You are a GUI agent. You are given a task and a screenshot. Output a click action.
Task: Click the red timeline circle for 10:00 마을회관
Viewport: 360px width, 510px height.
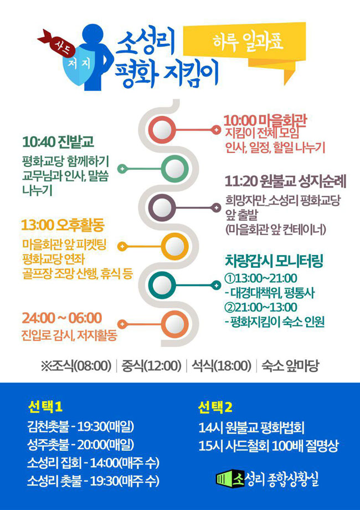click(x=162, y=130)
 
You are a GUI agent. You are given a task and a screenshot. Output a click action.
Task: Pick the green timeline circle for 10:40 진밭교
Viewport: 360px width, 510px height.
click(x=175, y=169)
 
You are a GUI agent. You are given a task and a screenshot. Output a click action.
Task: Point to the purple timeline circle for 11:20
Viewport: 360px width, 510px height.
click(x=162, y=207)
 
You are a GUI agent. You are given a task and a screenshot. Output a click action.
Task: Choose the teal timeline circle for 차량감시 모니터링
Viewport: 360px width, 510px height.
click(x=162, y=285)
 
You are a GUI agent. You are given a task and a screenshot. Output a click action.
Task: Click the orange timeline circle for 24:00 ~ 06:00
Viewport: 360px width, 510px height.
click(x=175, y=324)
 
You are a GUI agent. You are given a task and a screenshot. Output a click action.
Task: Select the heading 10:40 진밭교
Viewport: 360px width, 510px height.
click(x=58, y=142)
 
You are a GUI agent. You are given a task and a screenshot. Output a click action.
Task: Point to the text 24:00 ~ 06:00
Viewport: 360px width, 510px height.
click(x=61, y=318)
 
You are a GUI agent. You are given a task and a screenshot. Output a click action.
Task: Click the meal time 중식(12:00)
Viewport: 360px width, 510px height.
click(x=151, y=366)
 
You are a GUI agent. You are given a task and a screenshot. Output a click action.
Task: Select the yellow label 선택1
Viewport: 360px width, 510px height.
click(x=45, y=407)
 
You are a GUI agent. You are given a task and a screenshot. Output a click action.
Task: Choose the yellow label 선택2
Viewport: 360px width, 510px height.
click(x=215, y=407)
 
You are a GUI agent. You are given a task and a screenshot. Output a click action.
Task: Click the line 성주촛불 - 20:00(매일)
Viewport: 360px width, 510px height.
click(x=80, y=444)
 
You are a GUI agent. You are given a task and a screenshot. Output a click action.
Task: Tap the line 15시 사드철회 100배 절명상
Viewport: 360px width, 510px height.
click(x=269, y=447)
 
